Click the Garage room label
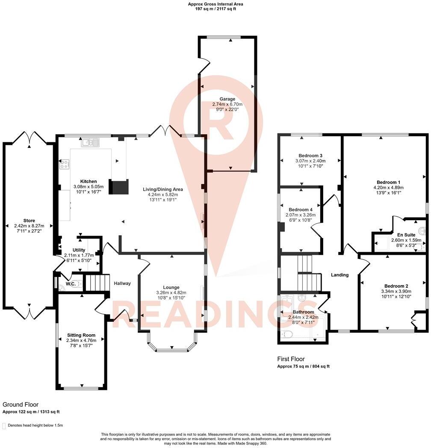(227, 99)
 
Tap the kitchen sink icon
(90, 142)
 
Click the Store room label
(30, 221)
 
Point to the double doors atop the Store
(30, 138)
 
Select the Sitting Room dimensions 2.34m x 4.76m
(81, 340)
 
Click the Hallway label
(122, 283)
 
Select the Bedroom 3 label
(310, 155)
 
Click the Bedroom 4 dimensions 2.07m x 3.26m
(300, 215)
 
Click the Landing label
(340, 275)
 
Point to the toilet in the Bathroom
(286, 335)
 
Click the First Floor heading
(291, 359)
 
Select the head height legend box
(4, 426)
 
